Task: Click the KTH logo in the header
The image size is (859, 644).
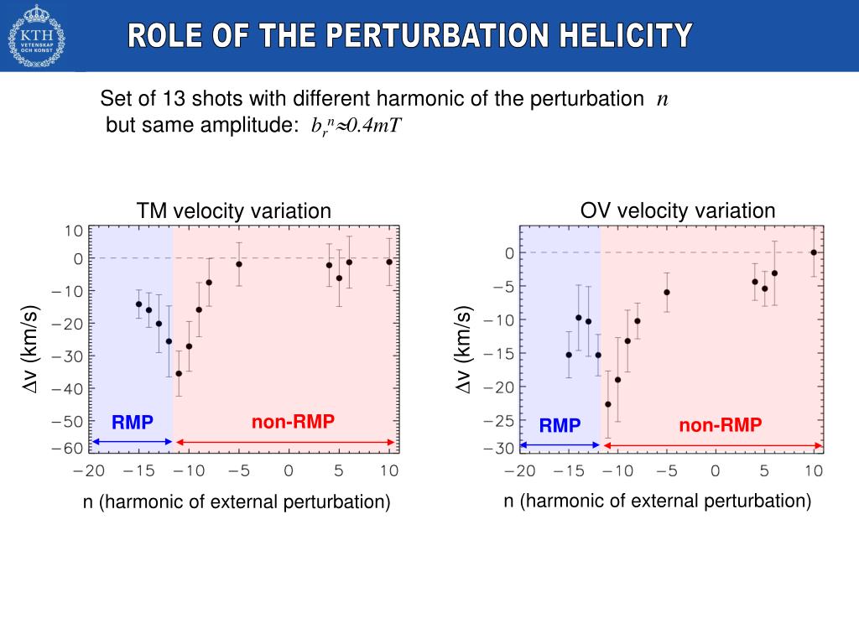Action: click(x=36, y=35)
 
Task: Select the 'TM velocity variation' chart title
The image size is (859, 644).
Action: click(x=234, y=211)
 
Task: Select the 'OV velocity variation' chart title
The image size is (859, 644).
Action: click(x=678, y=210)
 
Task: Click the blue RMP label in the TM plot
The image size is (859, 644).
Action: click(x=133, y=423)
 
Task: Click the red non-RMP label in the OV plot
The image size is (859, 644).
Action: click(x=720, y=426)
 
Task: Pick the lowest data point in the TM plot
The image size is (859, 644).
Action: click(x=179, y=373)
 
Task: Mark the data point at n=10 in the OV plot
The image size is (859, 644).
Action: click(x=814, y=252)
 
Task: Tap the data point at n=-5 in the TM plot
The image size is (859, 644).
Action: click(x=239, y=264)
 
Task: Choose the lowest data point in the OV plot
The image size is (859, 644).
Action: click(x=608, y=404)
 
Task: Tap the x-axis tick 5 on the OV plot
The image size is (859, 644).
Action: click(x=764, y=471)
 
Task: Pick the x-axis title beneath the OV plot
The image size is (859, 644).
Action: click(x=657, y=501)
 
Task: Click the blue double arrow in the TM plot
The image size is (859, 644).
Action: click(x=132, y=442)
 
